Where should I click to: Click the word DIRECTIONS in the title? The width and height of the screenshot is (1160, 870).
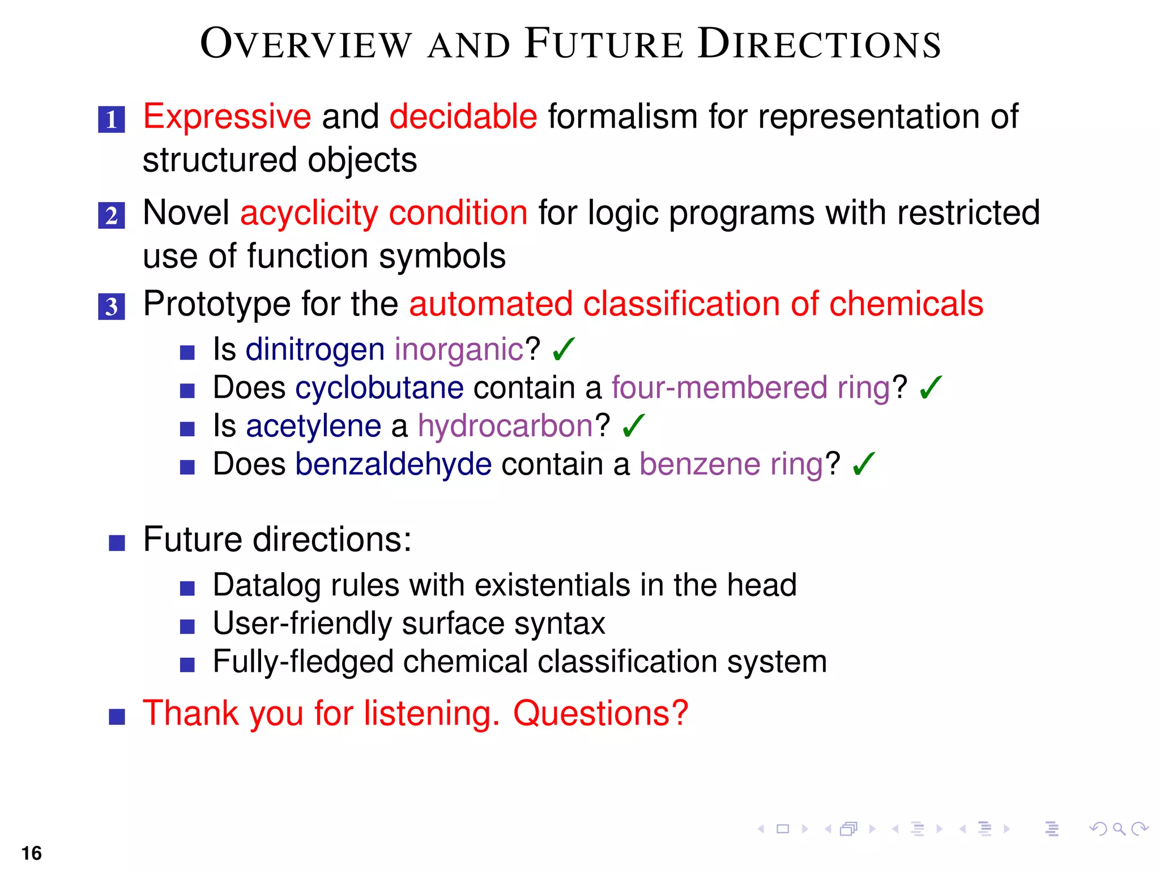coord(819,44)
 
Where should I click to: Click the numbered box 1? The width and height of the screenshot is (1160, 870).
coord(112,120)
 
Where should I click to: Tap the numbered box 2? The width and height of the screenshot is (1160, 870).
coord(112,216)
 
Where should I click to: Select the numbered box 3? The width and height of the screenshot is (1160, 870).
coord(112,306)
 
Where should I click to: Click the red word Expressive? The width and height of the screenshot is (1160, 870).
coord(227,117)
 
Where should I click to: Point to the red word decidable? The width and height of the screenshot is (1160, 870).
coord(463,117)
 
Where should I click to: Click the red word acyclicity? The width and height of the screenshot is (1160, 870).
coord(309,214)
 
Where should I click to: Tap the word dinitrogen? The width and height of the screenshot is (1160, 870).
coord(315,349)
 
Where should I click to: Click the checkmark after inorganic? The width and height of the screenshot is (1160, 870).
coord(564,349)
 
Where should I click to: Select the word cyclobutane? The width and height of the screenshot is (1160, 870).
coord(379,388)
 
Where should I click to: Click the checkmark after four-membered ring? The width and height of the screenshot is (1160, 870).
coord(931,388)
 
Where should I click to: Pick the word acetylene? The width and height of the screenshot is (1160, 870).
coord(313,426)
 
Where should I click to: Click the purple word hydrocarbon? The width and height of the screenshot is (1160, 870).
coord(505,426)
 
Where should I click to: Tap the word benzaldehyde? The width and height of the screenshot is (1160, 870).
coord(393,464)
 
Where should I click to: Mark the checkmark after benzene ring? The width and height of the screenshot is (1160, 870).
coord(863,464)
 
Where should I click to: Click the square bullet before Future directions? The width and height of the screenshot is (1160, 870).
coord(117,543)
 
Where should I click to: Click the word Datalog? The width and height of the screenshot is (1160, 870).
coord(267,586)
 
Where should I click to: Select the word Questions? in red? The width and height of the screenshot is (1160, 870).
coord(600,713)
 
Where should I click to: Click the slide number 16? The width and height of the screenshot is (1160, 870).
coord(32,853)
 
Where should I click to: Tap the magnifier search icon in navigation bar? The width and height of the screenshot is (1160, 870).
coord(1119,829)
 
